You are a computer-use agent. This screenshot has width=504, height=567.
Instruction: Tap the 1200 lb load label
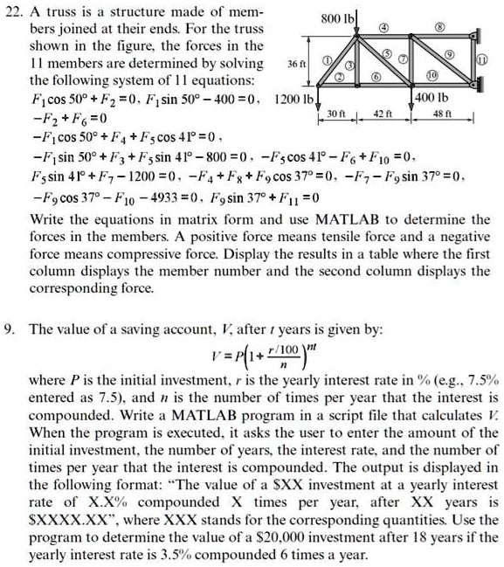[x=293, y=99]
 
